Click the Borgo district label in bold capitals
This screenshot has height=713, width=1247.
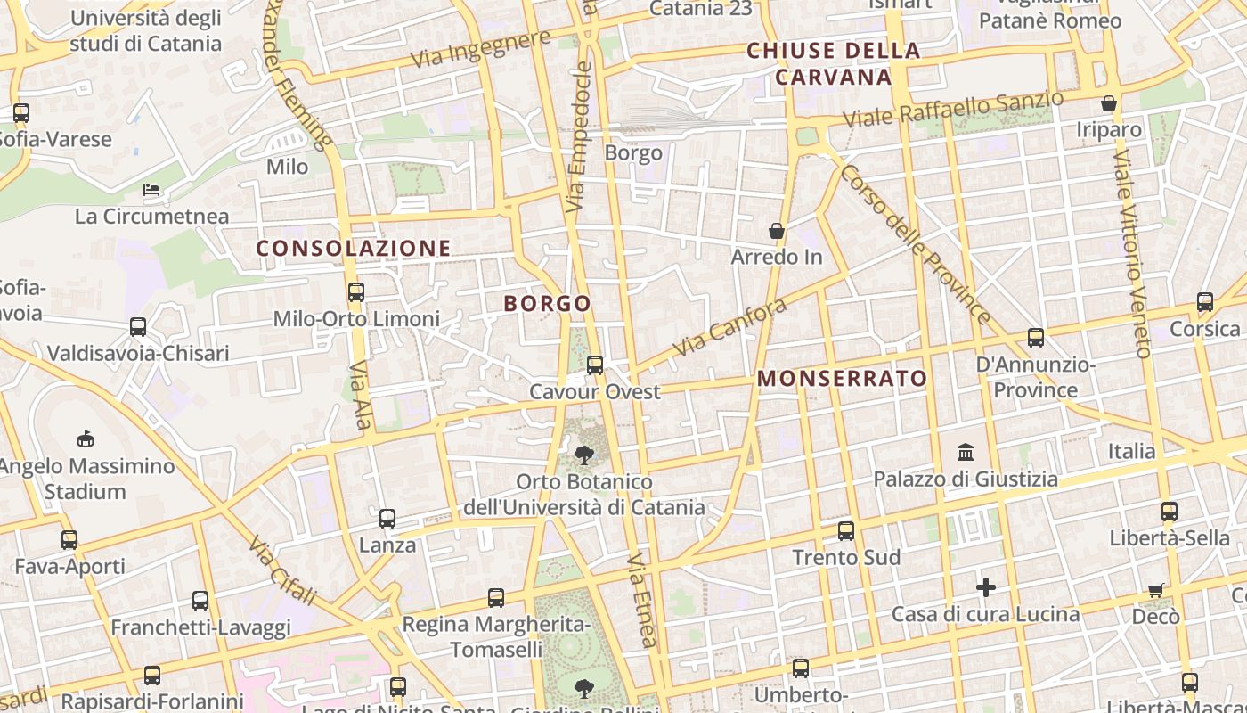coord(547,304)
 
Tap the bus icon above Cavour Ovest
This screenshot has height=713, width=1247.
coord(594,365)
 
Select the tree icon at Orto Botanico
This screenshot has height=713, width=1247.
coord(584,455)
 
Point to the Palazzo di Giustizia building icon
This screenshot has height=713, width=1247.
coord(966,453)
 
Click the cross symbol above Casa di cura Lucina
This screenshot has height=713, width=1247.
coord(985,587)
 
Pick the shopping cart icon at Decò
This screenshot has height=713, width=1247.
coord(1155,589)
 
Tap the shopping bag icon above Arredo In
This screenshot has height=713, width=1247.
coord(777,231)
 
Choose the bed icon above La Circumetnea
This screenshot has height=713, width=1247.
coord(151,190)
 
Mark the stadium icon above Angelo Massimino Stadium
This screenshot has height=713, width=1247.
coord(86,438)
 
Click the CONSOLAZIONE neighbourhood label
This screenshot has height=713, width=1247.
coord(354,249)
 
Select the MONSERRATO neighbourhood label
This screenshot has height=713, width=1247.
coord(842,379)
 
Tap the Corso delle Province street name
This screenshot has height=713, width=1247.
coord(914,243)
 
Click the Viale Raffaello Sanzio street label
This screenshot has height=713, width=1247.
coord(952,109)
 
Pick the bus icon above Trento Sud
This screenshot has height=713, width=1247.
coord(845,531)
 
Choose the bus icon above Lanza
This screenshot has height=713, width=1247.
coord(387,518)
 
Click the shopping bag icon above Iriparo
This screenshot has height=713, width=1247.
coord(1109,103)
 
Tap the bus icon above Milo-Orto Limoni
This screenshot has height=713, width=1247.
coord(356,291)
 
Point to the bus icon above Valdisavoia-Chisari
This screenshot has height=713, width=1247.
coord(138,326)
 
